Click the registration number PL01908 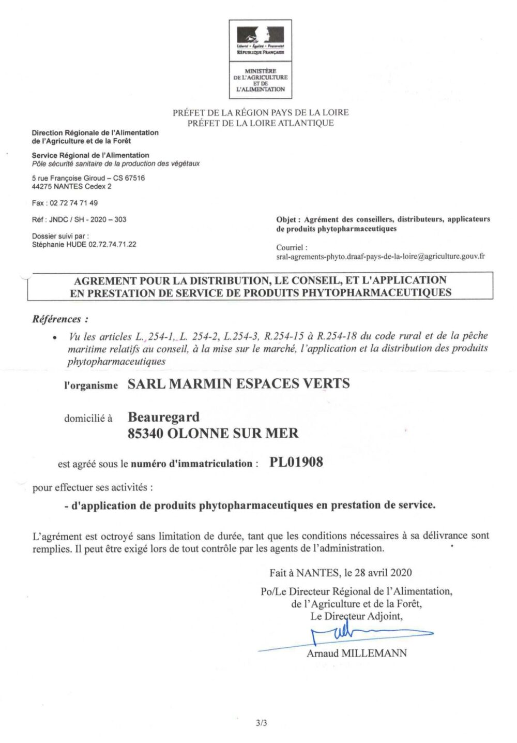[x=296, y=463]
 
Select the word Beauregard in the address [x=163, y=417]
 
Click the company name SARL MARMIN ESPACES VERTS [x=238, y=384]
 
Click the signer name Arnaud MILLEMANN [x=357, y=653]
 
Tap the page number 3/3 [x=261, y=723]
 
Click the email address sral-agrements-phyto [x=380, y=256]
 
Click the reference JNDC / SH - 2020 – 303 [x=87, y=219]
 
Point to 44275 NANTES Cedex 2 [x=71, y=186]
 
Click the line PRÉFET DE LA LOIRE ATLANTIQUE [x=261, y=123]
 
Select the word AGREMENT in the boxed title [x=105, y=281]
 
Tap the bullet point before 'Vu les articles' [x=55, y=337]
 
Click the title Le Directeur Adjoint [x=356, y=616]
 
